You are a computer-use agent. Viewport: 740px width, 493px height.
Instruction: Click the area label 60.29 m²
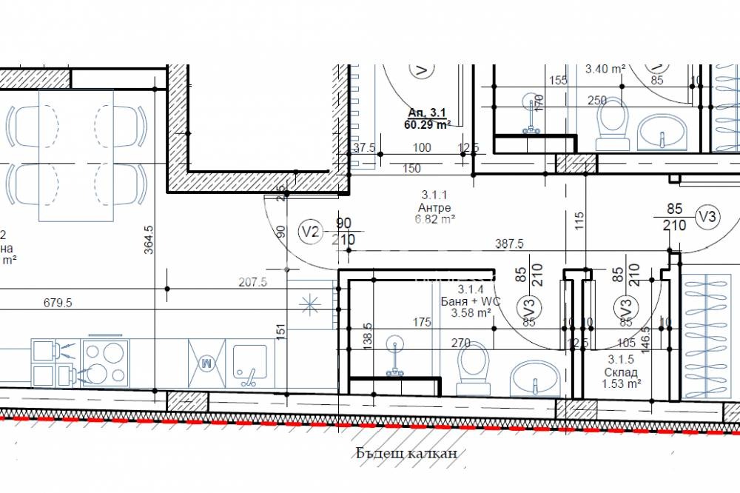[428, 124]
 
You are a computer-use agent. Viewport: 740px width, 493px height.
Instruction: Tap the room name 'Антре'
[434, 208]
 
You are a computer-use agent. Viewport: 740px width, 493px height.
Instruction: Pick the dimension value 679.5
[58, 303]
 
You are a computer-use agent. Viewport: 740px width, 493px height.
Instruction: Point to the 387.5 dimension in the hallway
[510, 244]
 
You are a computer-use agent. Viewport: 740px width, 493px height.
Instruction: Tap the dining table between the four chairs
[76, 155]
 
